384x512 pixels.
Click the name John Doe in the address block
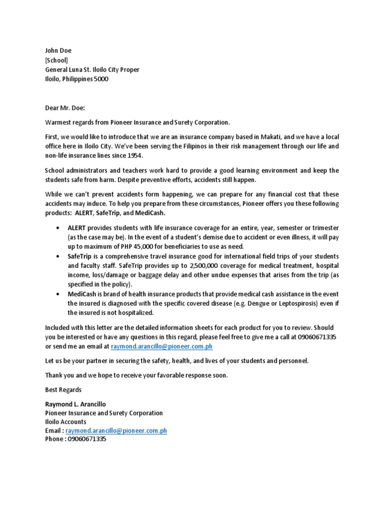coord(58,50)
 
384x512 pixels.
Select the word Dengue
coord(268,303)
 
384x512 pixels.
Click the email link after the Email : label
coord(116,430)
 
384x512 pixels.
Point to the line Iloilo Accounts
coord(65,421)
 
